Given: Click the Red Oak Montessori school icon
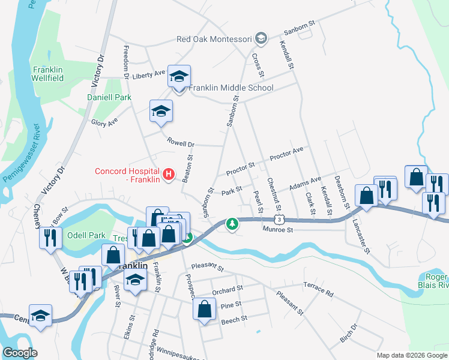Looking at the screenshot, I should pyautogui.click(x=261, y=39).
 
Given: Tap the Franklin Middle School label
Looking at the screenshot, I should pyautogui.click(x=231, y=88).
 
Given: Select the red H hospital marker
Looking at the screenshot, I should pyautogui.click(x=169, y=175).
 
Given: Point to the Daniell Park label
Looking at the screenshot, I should pyautogui.click(x=109, y=97).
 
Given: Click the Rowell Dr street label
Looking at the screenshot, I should pyautogui.click(x=182, y=144).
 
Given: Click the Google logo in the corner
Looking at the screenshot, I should pyautogui.click(x=19, y=353).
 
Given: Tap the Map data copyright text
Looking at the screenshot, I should pyautogui.click(x=411, y=355).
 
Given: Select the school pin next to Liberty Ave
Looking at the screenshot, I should pyautogui.click(x=179, y=77).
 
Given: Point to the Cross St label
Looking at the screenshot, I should pyautogui.click(x=257, y=65).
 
